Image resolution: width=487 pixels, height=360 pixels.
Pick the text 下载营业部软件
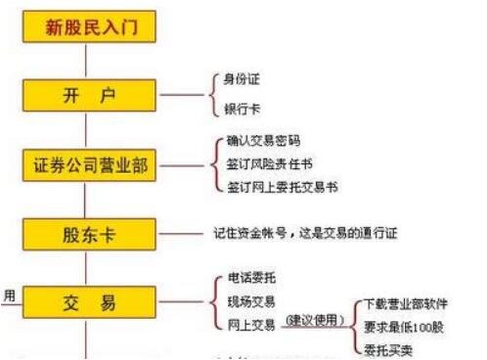407,302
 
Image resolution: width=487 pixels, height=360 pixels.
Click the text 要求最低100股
407,324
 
